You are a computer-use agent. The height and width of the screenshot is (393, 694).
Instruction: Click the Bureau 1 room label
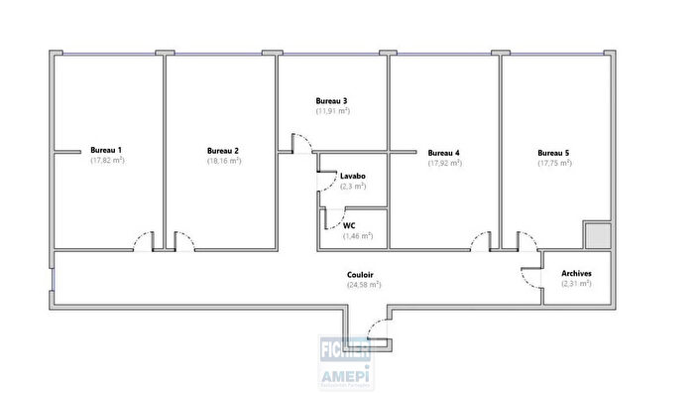click(x=106, y=149)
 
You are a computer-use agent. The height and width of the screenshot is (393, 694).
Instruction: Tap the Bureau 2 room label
click(x=223, y=151)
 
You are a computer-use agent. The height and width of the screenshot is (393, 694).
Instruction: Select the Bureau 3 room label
click(x=331, y=100)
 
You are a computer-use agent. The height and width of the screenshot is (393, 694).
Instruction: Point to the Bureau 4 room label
click(x=443, y=153)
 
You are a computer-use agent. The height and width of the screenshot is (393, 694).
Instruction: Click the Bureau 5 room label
click(x=553, y=153)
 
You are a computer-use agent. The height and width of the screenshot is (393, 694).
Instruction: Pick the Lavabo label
click(x=353, y=176)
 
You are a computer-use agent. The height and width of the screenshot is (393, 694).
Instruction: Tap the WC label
click(x=349, y=225)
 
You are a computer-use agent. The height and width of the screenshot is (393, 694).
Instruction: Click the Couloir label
click(x=361, y=274)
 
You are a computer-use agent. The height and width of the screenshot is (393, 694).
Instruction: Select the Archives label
click(x=576, y=273)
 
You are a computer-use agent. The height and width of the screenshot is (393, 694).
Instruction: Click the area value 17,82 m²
click(x=106, y=160)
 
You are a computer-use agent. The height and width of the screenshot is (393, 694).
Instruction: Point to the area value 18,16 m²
click(x=223, y=161)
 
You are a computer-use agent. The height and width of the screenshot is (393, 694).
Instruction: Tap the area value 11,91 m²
click(x=333, y=111)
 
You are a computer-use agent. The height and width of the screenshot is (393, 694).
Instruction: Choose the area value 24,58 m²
click(x=363, y=285)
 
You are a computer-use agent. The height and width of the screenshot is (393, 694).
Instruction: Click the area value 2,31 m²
click(x=576, y=284)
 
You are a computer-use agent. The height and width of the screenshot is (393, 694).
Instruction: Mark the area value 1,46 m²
click(x=357, y=236)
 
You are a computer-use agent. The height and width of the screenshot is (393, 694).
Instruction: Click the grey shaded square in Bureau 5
click(x=597, y=235)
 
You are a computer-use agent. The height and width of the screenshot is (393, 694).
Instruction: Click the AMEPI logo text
click(x=343, y=374)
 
